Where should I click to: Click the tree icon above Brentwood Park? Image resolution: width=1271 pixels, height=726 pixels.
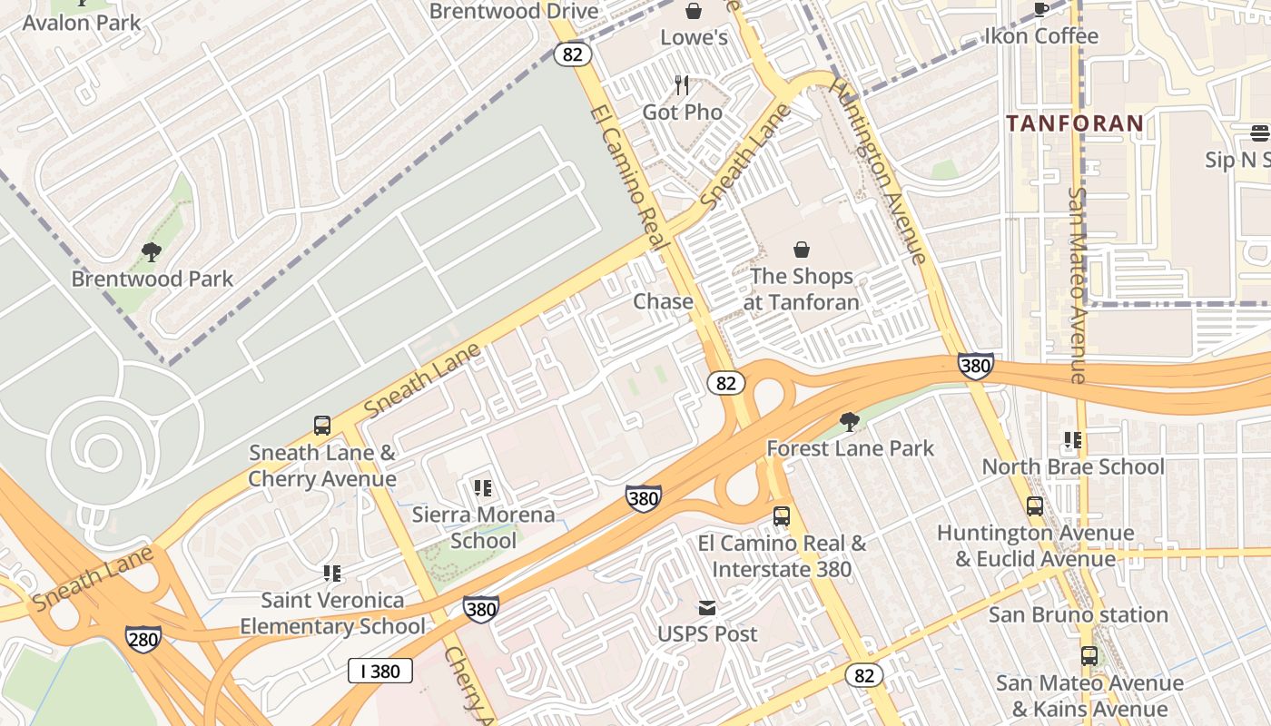[x=152, y=251]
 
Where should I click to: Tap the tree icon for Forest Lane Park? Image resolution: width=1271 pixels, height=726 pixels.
[x=850, y=421]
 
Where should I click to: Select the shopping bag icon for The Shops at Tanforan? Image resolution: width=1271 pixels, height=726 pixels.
[x=802, y=249]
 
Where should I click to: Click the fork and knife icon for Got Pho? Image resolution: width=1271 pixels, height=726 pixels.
[x=682, y=85]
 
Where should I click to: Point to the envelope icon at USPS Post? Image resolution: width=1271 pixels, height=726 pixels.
[x=707, y=607]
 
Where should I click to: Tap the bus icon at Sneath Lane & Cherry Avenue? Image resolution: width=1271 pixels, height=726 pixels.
[x=321, y=425]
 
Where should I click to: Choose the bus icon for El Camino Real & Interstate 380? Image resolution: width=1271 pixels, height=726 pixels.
[x=781, y=516]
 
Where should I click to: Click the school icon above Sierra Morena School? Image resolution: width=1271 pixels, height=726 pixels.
[x=483, y=488]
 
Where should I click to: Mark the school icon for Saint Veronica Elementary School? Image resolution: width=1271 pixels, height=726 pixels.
[x=332, y=574]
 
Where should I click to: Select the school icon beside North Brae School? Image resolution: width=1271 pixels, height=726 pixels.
[x=1073, y=440]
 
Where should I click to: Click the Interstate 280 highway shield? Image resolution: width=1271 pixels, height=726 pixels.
[x=143, y=638]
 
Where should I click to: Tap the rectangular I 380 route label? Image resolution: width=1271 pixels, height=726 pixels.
[x=380, y=672]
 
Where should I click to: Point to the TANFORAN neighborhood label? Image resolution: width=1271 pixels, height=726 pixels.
[x=1074, y=123]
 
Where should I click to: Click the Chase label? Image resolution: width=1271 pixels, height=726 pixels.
[x=663, y=301]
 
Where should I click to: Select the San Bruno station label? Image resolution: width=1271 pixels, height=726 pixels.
[x=1078, y=614]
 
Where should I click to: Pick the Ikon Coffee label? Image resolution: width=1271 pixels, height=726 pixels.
[x=1041, y=36]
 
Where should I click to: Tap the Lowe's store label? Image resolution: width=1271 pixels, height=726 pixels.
[x=694, y=37]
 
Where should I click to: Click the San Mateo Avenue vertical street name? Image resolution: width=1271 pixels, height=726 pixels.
[x=1078, y=285]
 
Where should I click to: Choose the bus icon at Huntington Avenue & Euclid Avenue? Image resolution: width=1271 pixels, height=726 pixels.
[x=1035, y=506]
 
